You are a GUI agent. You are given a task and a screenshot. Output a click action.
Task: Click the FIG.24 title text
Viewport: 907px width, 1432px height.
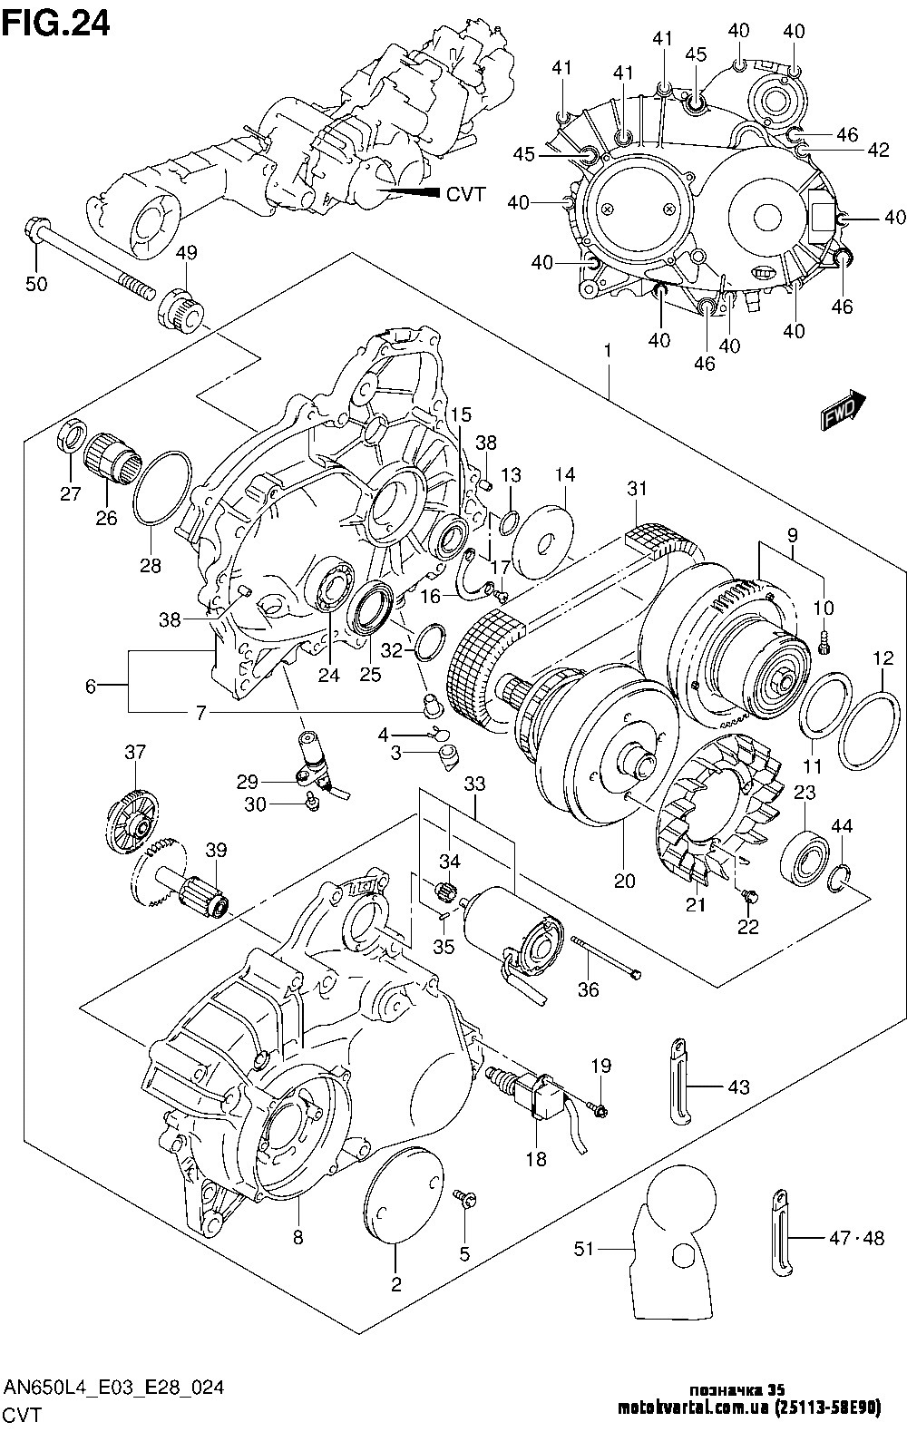pos(55,23)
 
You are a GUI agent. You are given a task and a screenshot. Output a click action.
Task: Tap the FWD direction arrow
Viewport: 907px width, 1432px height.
pos(843,413)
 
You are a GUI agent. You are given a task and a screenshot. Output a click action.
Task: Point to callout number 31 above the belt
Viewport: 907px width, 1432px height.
pos(637,489)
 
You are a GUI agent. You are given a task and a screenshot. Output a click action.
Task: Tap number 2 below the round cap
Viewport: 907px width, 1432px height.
pos(396,1284)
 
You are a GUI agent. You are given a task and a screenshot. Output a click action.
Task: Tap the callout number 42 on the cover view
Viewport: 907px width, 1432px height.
pos(878,151)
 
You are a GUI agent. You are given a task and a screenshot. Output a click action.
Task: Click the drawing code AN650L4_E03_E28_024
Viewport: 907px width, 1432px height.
pos(114,1388)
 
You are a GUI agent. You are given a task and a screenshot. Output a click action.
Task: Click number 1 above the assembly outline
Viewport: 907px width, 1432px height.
pos(607,350)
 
